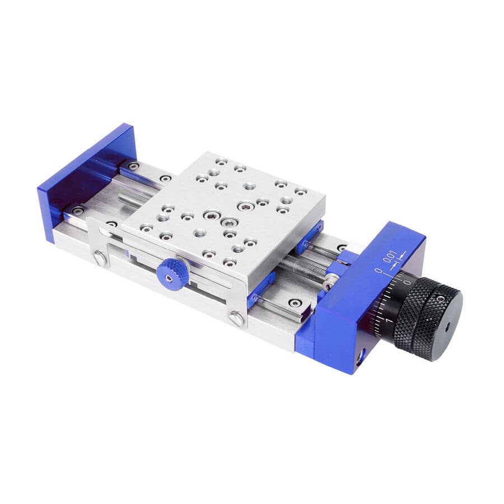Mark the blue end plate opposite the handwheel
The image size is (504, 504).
(87, 179)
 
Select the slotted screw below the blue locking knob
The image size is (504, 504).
(236, 319)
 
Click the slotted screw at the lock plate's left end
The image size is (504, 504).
(99, 258)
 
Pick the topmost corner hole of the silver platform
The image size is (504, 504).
(221, 161)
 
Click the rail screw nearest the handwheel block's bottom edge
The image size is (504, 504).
(295, 303)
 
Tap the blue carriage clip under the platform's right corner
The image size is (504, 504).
(311, 235)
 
